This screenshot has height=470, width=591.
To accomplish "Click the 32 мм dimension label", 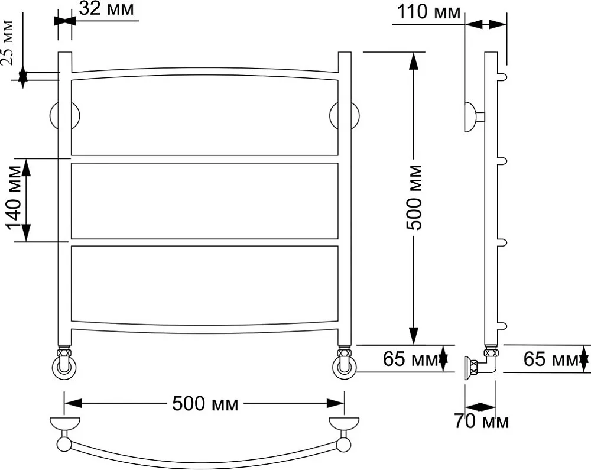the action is (x=106, y=8).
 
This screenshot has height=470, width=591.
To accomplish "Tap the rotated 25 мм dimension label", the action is (x=7, y=43).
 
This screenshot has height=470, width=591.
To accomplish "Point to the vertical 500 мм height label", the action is (x=414, y=197).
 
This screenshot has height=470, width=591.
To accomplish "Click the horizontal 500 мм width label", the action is (x=206, y=404).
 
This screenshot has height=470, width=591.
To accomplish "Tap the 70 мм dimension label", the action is (x=481, y=421).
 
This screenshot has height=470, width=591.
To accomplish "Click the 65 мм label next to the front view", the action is (x=411, y=358).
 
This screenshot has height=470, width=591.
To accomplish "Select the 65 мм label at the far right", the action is (x=551, y=358).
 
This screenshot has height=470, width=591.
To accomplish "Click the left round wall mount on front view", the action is (x=64, y=115).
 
